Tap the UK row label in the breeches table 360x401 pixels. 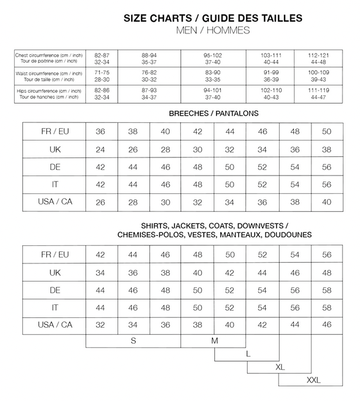pyautogui.click(x=55, y=149)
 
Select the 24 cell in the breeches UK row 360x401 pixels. pyautogui.click(x=101, y=149)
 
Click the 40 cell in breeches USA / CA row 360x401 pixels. pyautogui.click(x=327, y=202)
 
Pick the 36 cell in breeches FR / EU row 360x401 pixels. pyautogui.click(x=101, y=132)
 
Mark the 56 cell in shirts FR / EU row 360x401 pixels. pyautogui.click(x=327, y=255)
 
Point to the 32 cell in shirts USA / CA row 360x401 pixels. pyautogui.click(x=101, y=325)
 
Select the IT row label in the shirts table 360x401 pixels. pyautogui.click(x=55, y=307)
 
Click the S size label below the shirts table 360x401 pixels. pyautogui.click(x=133, y=340)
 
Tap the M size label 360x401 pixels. pyautogui.click(x=215, y=340)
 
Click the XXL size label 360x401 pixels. pyautogui.click(x=314, y=381)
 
